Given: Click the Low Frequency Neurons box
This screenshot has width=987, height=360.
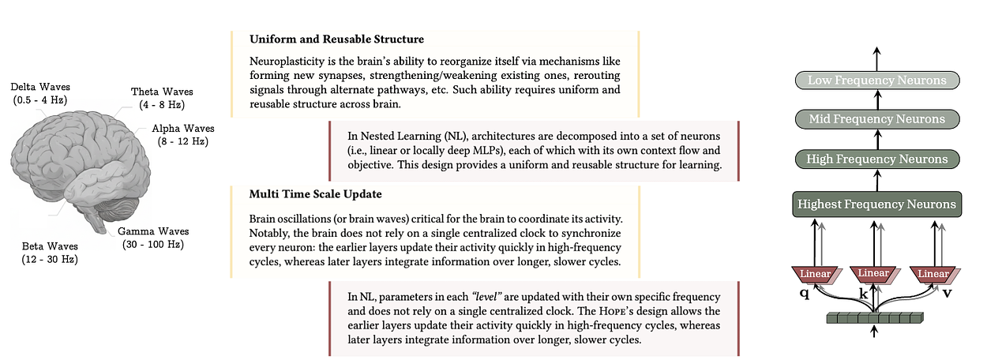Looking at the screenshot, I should click(876, 80).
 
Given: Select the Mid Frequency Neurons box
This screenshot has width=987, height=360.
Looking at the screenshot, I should click(876, 119).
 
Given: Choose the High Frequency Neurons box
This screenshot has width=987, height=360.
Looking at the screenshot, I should click(876, 159).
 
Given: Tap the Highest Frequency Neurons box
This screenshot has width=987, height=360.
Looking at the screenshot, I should click(876, 204).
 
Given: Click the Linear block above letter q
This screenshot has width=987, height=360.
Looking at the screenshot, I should click(814, 273).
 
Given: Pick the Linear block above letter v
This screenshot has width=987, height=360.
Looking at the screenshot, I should click(933, 273).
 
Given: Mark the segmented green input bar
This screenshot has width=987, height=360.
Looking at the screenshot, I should click(874, 319).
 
